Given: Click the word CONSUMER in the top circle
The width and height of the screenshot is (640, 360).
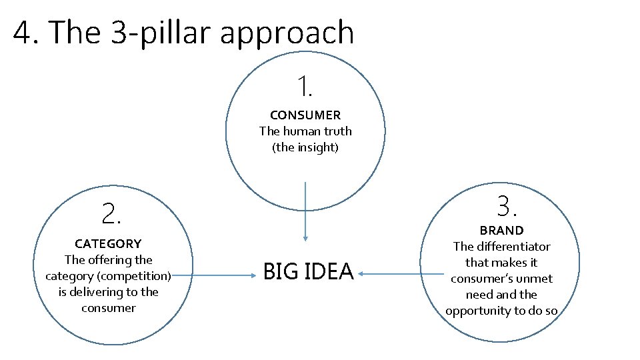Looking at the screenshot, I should click(305, 115).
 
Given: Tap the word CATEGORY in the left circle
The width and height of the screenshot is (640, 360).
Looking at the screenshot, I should click(108, 244).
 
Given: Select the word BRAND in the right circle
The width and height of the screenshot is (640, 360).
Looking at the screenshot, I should click(501, 231).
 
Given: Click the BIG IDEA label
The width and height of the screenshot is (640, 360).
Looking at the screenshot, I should click(308, 272).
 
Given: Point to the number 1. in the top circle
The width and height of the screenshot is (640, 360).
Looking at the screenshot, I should click(305, 87).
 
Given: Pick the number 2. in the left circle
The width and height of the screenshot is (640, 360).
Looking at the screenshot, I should click(111, 214).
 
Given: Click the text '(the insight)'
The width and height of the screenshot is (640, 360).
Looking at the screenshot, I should click(305, 147).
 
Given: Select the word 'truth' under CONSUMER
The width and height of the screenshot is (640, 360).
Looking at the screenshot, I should click(336, 131).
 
